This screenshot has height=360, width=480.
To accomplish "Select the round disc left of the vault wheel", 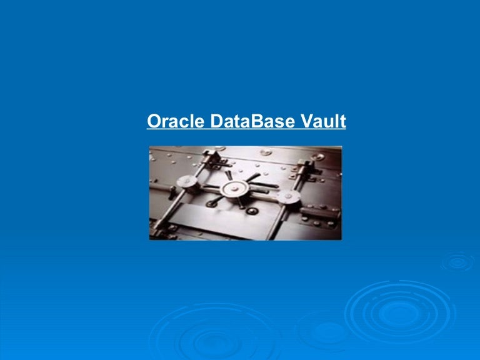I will pos(185,182).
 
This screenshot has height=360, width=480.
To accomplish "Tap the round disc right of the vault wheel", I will pos(287,197).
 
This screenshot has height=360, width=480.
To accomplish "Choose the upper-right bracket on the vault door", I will pos(306,166).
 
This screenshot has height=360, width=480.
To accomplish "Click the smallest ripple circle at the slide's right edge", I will pos(458,262).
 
